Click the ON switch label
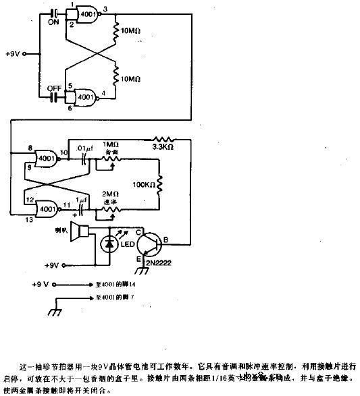[x=53, y=20]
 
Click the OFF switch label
[x=53, y=88]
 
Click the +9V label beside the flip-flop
[x=16, y=53]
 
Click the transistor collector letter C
[x=139, y=233]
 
